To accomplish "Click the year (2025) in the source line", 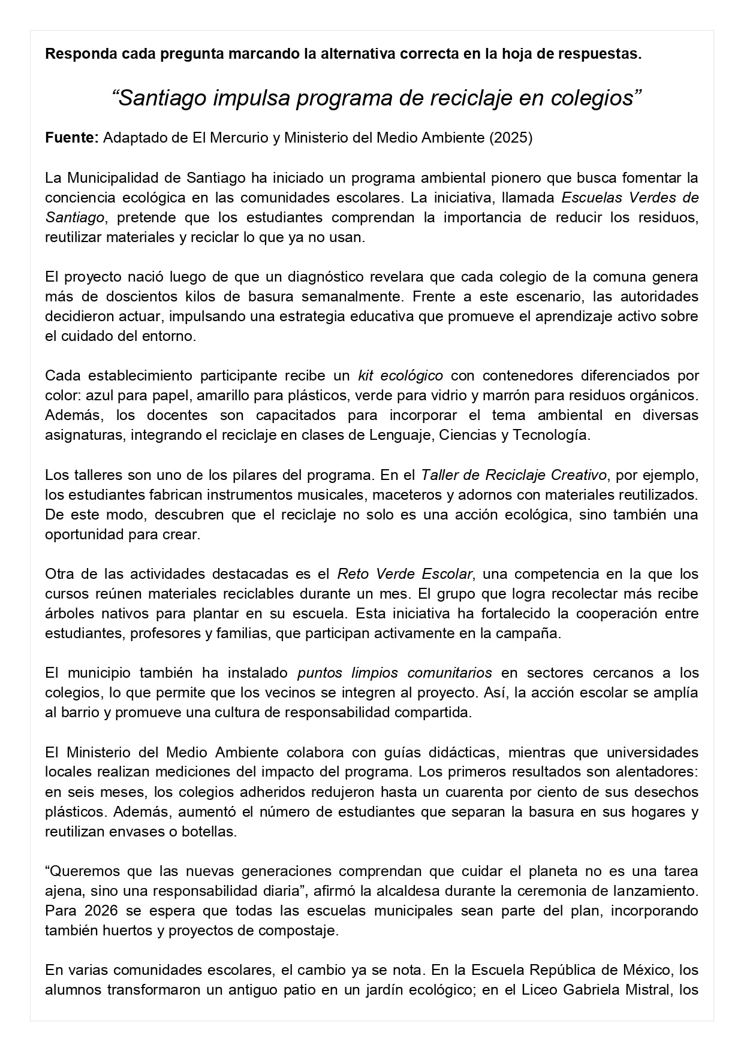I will point(511,138).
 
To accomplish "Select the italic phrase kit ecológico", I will point(400,376).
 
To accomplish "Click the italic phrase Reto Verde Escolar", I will point(405,574).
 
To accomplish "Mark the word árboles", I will point(67,614).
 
